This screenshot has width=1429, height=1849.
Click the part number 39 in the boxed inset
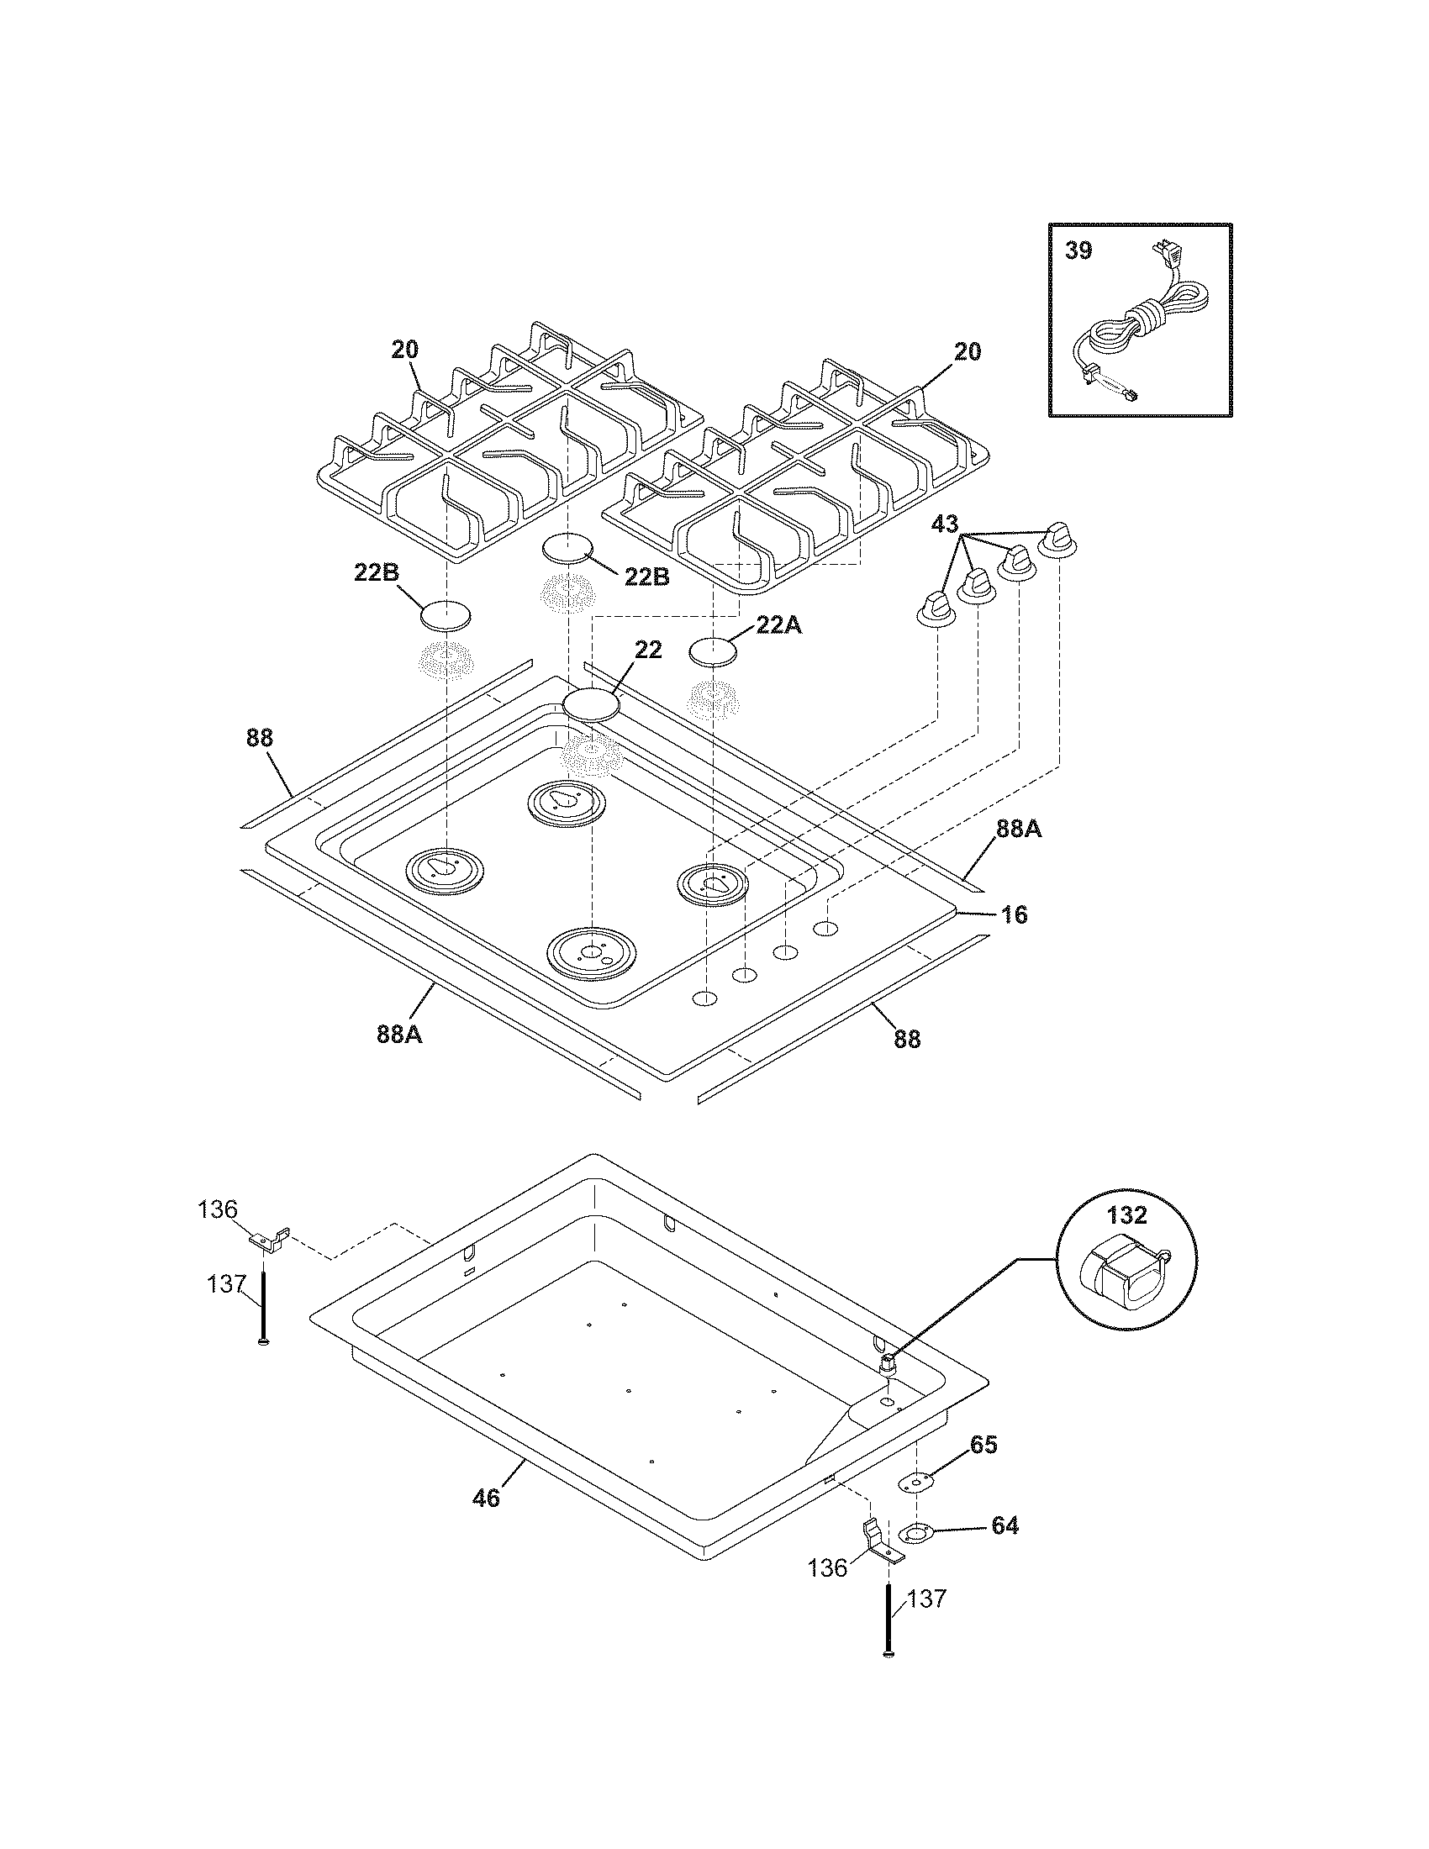click(x=1078, y=251)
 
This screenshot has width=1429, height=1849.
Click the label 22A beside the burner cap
click(x=778, y=625)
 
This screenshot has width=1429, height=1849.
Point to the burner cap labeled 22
click(x=591, y=704)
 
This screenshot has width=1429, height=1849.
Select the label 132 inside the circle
click(x=1126, y=1216)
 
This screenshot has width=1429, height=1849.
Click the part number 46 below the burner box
click(x=486, y=1499)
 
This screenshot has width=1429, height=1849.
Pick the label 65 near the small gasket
click(x=983, y=1444)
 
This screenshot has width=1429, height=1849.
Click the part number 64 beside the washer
click(x=1004, y=1525)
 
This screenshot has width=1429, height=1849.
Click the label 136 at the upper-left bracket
click(x=218, y=1209)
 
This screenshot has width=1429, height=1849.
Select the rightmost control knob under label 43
click(x=1057, y=542)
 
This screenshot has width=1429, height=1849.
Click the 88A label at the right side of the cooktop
click(x=1019, y=830)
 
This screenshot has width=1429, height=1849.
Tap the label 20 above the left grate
click(x=404, y=350)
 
